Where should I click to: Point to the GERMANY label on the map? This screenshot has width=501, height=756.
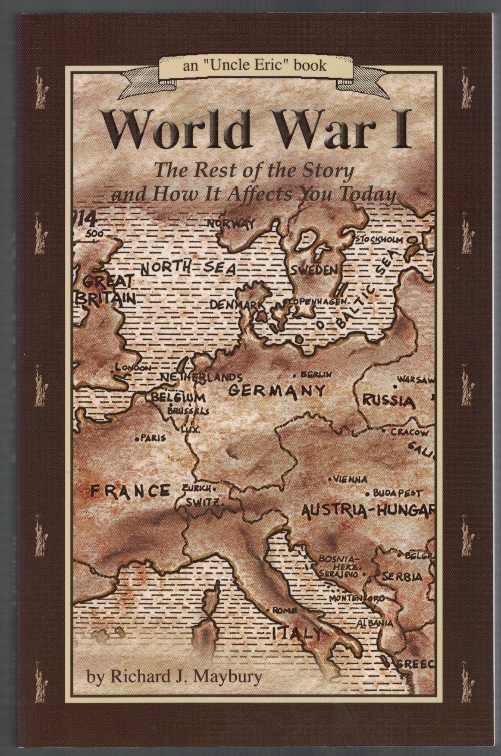(276, 391)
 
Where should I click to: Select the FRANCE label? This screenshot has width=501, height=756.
(130, 490)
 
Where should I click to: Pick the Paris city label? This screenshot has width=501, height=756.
(153, 438)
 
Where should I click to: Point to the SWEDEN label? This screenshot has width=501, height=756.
(313, 271)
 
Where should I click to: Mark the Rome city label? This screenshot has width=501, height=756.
(286, 610)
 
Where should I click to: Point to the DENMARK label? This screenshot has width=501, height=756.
(237, 304)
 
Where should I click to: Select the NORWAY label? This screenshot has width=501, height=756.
(231, 223)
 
